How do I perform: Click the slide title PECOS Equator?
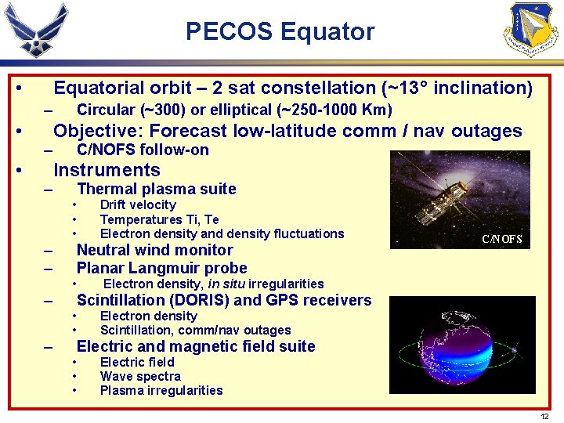[280, 32]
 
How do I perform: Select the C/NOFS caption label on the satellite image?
[501, 239]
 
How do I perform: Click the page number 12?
[544, 416]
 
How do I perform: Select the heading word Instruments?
[107, 170]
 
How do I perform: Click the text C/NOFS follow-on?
[143, 150]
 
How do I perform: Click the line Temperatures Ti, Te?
[159, 219]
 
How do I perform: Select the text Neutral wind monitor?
[154, 250]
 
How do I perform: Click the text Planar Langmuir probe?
[161, 268]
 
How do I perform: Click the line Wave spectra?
[139, 376]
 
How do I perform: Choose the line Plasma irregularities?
[161, 390]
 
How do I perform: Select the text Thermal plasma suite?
[156, 188]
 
